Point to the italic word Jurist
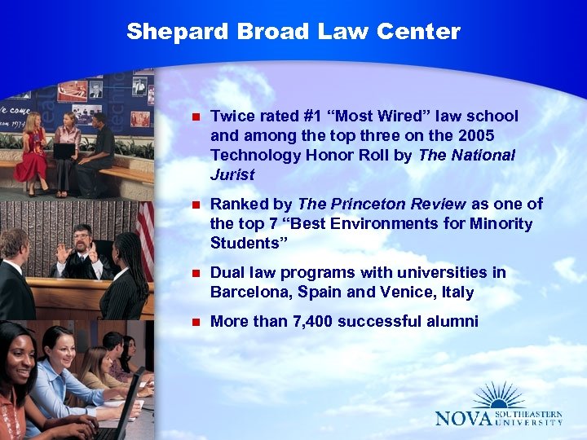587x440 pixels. click(x=232, y=174)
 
